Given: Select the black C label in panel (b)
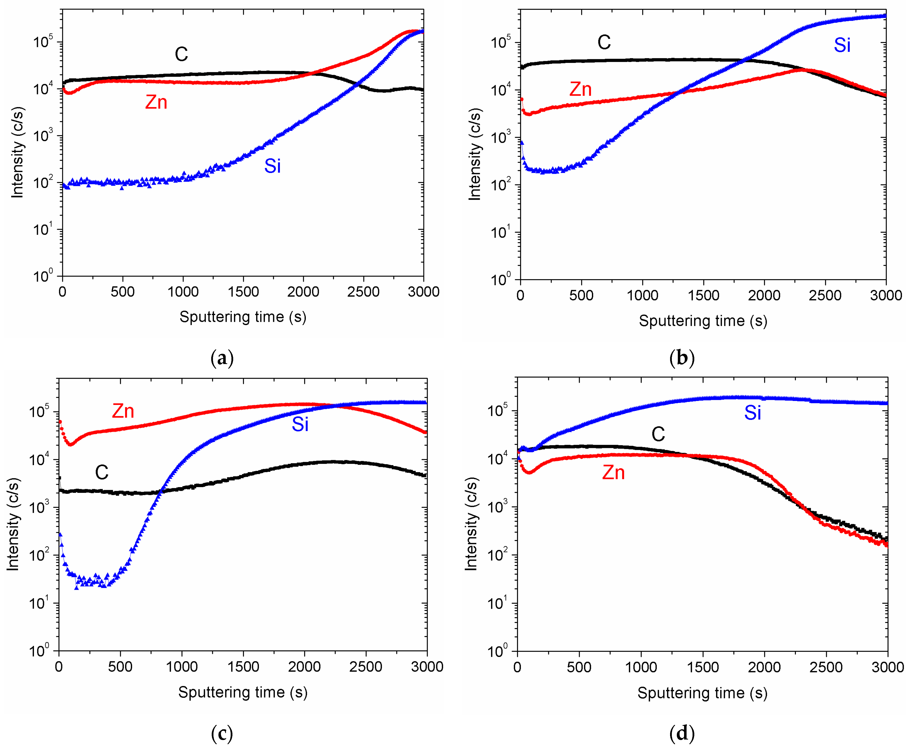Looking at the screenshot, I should pos(604,42).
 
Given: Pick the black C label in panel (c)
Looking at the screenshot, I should pos(102,472).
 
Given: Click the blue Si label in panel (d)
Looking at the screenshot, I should pos(752,413).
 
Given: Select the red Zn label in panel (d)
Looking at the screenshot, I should pos(613,472).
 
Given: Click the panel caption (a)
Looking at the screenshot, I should pos(222,358).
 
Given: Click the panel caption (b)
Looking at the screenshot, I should pos(682,358).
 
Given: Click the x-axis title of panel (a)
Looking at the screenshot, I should pos(243,317).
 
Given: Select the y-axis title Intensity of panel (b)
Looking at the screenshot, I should pos(475,154).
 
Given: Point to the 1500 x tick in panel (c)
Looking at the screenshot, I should pos(243,667).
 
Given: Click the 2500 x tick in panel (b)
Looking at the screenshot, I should pos(825,296).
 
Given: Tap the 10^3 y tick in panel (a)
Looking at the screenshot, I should pos(43,136).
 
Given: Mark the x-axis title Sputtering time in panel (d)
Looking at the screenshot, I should pos(702,693).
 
